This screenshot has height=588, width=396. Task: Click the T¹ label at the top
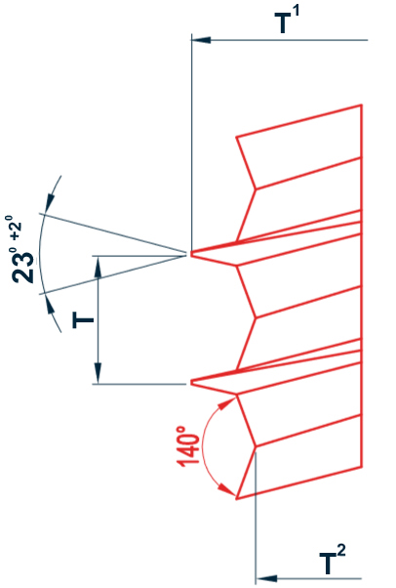pyautogui.click(x=288, y=21)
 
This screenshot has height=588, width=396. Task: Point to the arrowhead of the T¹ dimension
pyautogui.click(x=201, y=40)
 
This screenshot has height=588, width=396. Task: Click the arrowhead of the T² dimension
pyautogui.click(x=265, y=578)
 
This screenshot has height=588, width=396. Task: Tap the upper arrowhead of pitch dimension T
pyautogui.click(x=98, y=267)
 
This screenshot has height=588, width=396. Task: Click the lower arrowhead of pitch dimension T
pyautogui.click(x=98, y=373)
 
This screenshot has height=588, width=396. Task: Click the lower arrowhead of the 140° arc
pyautogui.click(x=226, y=489)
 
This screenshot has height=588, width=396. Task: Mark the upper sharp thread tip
pyautogui.click(x=191, y=254)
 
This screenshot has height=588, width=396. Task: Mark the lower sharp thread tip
pyautogui.click(x=191, y=383)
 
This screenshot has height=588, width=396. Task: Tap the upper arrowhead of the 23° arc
pyautogui.click(x=50, y=203)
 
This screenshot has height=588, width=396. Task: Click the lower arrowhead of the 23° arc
pyautogui.click(x=50, y=303)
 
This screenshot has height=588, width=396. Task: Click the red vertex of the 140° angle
pyautogui.click(x=256, y=446)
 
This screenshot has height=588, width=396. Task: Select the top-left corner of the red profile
pyautogui.click(x=236, y=137)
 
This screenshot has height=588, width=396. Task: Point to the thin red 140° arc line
pyautogui.click(x=203, y=446)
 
